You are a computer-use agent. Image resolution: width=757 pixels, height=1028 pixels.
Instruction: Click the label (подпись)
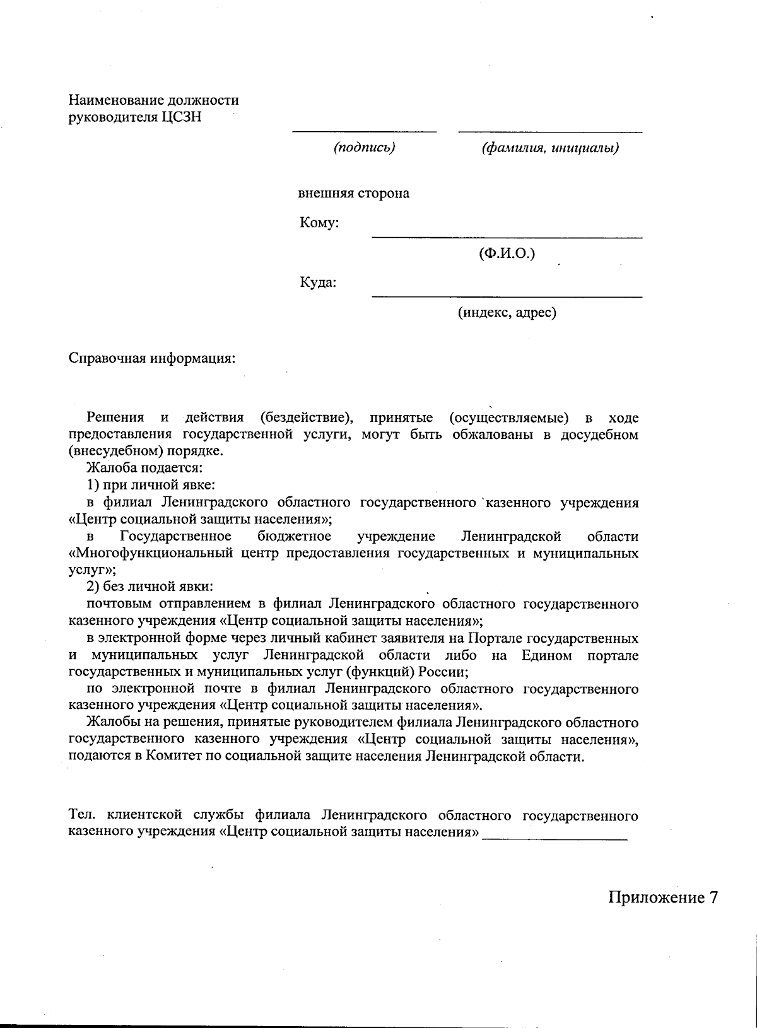[364, 148]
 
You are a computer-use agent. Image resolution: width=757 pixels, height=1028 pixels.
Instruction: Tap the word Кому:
[320, 223]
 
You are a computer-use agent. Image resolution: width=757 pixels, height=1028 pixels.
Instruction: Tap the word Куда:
[318, 282]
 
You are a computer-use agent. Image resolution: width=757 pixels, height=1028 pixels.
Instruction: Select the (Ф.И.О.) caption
[507, 254]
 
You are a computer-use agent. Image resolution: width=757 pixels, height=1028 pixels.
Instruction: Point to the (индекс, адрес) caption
[507, 312]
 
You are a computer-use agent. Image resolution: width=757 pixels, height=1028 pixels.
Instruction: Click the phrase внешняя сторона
[353, 194]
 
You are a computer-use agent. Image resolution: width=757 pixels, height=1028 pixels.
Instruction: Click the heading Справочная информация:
[152, 358]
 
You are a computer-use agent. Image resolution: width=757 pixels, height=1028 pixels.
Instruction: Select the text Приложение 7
[663, 897]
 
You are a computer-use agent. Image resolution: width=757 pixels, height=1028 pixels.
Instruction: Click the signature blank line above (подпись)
[364, 131]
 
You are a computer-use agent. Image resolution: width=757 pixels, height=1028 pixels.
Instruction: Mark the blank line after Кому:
[507, 237]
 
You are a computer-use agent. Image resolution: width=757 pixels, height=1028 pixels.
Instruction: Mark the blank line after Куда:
[507, 296]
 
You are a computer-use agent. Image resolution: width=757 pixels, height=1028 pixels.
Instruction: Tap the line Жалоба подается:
[144, 469]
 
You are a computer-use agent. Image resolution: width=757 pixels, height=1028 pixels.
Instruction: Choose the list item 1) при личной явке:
[151, 486]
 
